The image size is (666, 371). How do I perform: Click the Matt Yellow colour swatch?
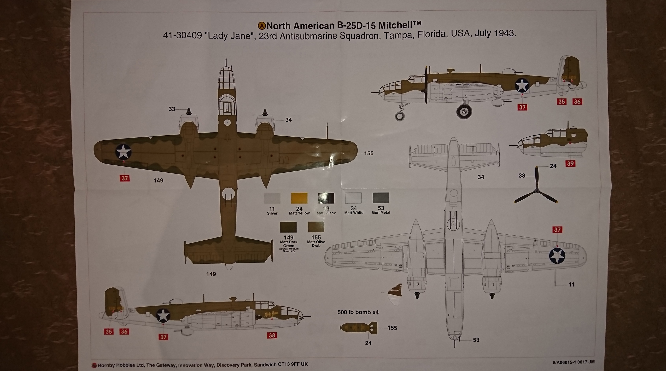tap(299, 198)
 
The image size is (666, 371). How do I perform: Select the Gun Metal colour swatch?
tap(381, 198)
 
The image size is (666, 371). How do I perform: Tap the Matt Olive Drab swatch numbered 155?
tap(316, 227)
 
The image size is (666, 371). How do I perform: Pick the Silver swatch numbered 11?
tap(272, 198)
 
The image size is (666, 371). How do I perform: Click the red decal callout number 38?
tap(272, 335)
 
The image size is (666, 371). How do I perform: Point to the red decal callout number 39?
tap(570, 164)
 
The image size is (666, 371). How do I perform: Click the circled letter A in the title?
tap(262, 26)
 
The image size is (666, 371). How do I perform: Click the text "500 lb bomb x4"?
tap(358, 312)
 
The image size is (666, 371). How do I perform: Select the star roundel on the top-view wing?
tap(123, 152)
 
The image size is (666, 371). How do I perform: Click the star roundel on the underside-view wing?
tap(557, 256)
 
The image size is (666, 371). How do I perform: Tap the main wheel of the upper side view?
tap(464, 112)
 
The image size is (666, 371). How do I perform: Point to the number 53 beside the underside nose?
tap(476, 340)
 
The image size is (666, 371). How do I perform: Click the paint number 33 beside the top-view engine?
tap(172, 109)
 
